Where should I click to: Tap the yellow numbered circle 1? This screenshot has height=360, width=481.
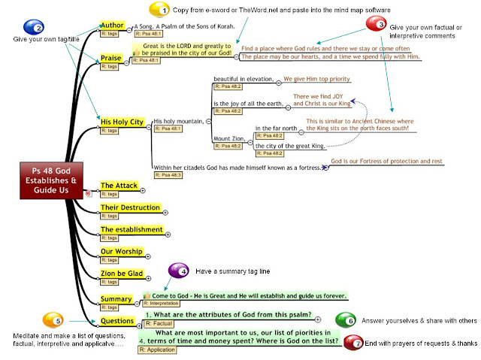coord(159,10)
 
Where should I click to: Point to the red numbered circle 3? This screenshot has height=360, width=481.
coord(375,24)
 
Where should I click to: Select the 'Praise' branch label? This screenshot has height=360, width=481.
coord(111,58)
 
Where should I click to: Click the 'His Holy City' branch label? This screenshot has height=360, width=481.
coord(123,120)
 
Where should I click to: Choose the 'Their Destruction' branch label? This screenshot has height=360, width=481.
coord(130,207)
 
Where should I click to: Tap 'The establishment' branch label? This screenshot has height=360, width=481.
coord(132,229)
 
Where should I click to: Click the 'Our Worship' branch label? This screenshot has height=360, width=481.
coord(122,251)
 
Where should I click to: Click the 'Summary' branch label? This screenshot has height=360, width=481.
coord(116,298)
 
